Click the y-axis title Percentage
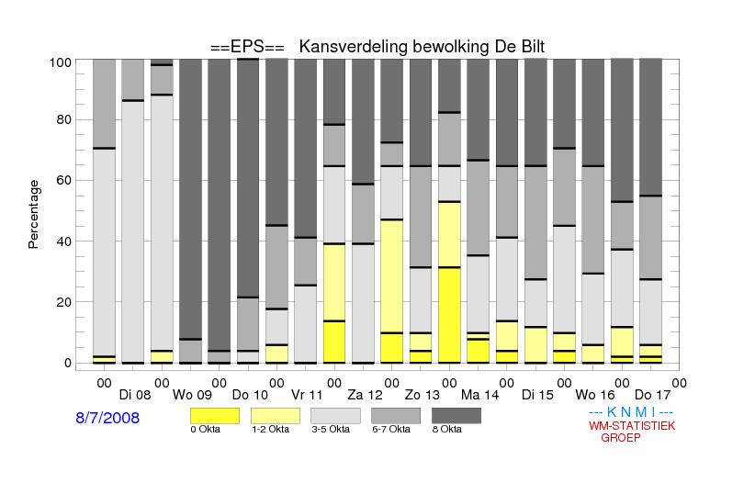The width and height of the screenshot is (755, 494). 33,214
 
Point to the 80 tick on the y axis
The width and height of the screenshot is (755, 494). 64,119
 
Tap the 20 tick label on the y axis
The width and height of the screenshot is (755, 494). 64,302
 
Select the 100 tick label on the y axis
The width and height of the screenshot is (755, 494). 61,62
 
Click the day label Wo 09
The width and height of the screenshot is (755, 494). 192,395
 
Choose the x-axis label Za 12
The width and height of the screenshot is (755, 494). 365,395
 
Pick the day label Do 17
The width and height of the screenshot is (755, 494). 652,395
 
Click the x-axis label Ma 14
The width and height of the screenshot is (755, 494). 479,395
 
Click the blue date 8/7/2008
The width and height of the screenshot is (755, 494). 107,418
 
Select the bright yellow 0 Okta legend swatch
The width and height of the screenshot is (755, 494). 215,416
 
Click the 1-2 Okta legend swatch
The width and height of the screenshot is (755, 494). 276,416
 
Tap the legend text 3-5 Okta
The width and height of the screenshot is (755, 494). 331,429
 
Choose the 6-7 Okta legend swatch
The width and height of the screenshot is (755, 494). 396,416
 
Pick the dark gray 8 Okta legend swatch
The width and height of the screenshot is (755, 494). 456,416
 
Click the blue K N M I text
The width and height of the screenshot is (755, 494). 631,412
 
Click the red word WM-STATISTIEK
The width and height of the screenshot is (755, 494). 632,426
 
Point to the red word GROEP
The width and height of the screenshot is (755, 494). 621,438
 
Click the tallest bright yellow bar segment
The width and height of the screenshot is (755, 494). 449,315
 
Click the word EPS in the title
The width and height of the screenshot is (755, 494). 247,47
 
